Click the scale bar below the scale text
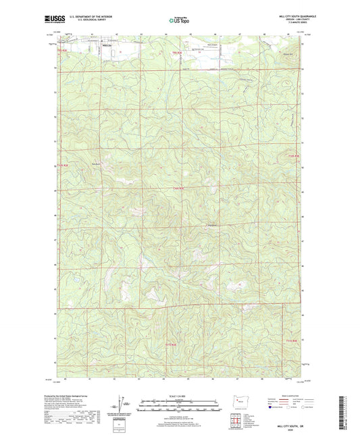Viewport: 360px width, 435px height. (x=180, y=406)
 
